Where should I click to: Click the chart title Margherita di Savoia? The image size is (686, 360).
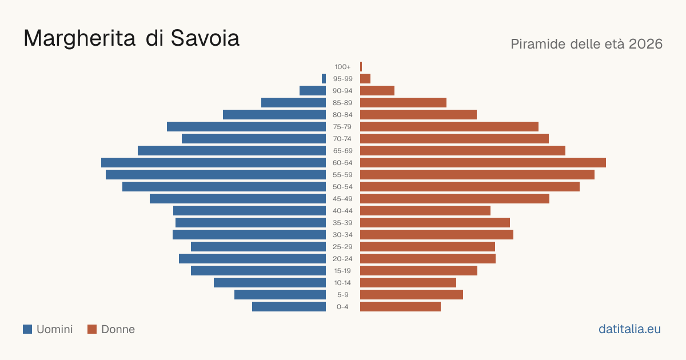[131, 39]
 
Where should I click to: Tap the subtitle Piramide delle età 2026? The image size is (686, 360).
[587, 44]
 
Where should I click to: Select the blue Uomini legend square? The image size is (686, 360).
[27, 329]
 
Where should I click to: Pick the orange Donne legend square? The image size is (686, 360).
[92, 329]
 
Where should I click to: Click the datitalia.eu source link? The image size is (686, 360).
[629, 329]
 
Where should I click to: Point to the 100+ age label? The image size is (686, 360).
[342, 67]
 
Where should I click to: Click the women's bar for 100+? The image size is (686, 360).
[361, 67]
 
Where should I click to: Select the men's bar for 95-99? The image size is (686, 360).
[324, 79]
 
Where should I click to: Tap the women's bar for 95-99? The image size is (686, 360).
[365, 79]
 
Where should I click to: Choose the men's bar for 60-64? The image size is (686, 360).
[213, 162]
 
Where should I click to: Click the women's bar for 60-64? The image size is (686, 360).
[483, 162]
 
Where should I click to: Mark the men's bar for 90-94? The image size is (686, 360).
[313, 91]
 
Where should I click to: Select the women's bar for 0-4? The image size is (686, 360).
[400, 307]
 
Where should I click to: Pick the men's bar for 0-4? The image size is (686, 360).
[289, 307]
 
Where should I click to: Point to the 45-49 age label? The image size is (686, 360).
[342, 199]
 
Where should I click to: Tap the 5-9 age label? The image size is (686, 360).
[342, 295]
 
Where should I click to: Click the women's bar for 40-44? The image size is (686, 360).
[425, 211]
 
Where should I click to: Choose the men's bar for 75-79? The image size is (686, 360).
[246, 127]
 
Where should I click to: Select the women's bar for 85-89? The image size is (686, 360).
[404, 102]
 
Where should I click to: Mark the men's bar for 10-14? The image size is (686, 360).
[270, 282]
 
